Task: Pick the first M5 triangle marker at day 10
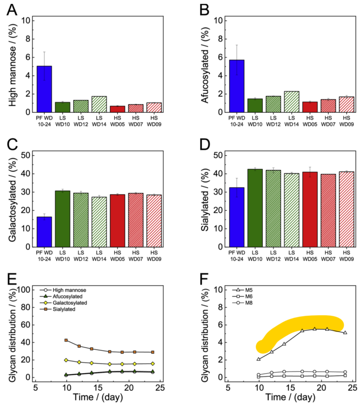click(x=259, y=359)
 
